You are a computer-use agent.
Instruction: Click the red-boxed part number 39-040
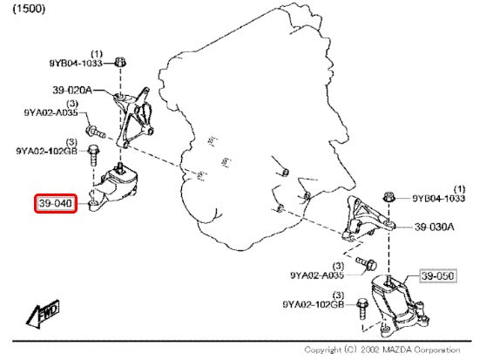(x=56, y=203)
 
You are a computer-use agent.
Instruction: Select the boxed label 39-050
(x=437, y=276)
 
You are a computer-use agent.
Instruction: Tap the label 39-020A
(x=72, y=91)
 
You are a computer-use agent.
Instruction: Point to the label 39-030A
(x=435, y=227)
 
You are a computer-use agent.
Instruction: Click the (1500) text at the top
(x=29, y=9)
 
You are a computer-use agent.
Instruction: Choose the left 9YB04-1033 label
(x=76, y=64)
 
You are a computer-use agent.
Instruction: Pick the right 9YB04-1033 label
(x=439, y=198)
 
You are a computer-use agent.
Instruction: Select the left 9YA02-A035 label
(x=51, y=112)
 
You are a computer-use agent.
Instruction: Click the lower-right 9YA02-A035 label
(x=317, y=275)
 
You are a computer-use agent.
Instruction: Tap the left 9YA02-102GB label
(x=46, y=151)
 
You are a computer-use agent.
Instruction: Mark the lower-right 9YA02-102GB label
(x=314, y=304)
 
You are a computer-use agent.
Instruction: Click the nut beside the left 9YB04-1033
(x=120, y=62)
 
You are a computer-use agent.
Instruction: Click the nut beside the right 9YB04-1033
(x=389, y=197)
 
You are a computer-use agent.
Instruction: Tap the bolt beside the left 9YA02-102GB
(x=93, y=155)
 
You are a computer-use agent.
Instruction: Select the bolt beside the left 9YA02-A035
(x=95, y=132)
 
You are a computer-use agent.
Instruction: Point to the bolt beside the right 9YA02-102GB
(x=362, y=309)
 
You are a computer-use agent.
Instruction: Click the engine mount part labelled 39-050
(x=399, y=303)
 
